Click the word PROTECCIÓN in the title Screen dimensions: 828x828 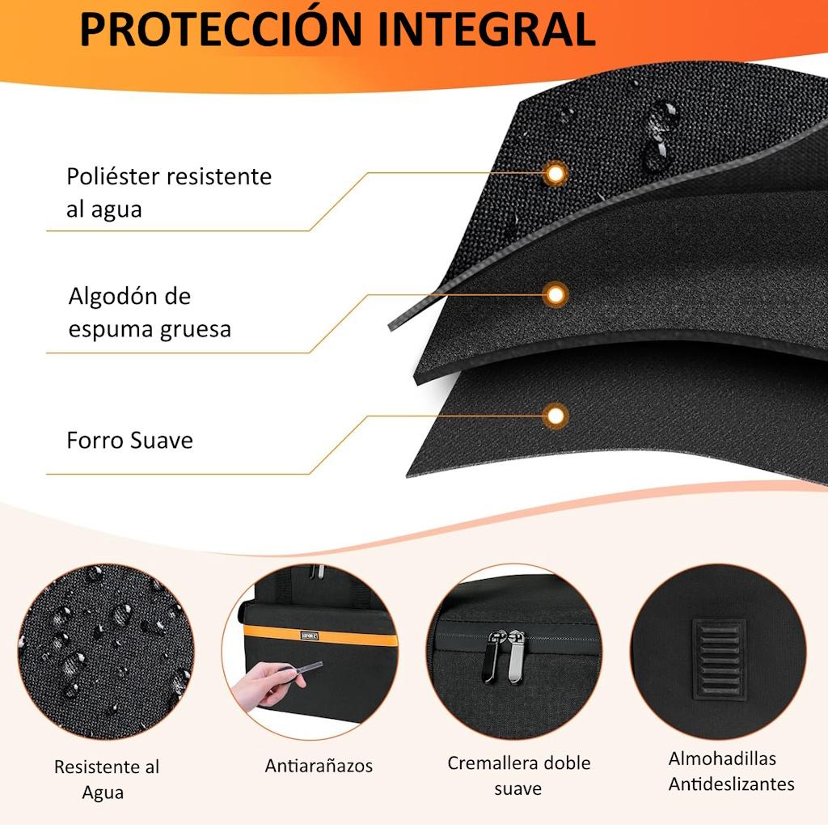pos(221,30)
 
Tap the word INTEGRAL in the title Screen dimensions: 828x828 pos(487,30)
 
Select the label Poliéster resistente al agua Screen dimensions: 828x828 pos(169,192)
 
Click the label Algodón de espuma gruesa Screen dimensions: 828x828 pos(150,312)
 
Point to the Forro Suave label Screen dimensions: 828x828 pos(130,440)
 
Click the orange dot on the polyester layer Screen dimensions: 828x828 pos(555,173)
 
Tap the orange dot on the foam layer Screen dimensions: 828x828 pos(555,294)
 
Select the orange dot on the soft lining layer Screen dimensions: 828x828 pos(555,416)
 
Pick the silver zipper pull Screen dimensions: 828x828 pos(516,657)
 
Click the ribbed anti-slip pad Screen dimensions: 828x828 pos(719,659)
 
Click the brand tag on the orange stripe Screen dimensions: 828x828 pos(310,636)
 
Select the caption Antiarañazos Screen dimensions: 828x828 pos(319,766)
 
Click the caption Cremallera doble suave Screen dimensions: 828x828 pos(518,775)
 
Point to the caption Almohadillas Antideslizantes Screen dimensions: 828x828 pos(731,771)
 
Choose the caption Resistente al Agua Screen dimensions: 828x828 pos(106,779)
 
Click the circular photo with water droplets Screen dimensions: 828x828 pos(106,651)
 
